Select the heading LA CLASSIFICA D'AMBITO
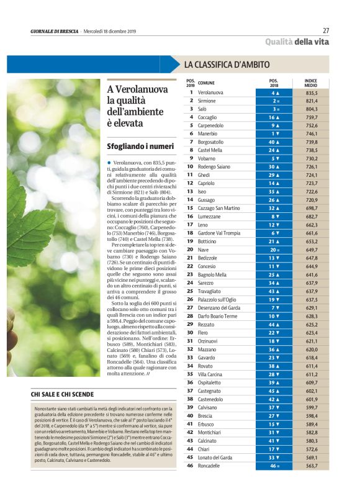tap(227, 64)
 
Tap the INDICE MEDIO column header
tap(311, 83)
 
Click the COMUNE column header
tap(206, 83)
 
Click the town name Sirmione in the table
tap(207, 100)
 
